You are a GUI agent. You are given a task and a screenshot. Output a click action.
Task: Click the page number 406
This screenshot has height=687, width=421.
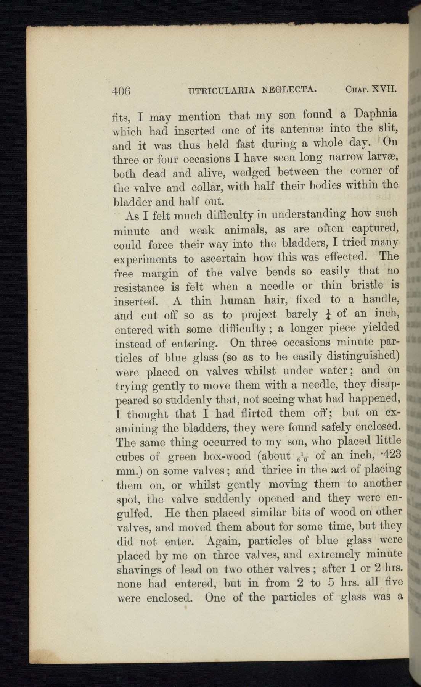coord(121,91)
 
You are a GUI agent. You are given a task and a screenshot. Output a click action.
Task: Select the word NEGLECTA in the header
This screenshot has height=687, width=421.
coord(289,90)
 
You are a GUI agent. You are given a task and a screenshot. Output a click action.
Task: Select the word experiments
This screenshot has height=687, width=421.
coord(145,259)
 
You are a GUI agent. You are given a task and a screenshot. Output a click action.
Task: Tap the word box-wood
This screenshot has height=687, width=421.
coord(227,456)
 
